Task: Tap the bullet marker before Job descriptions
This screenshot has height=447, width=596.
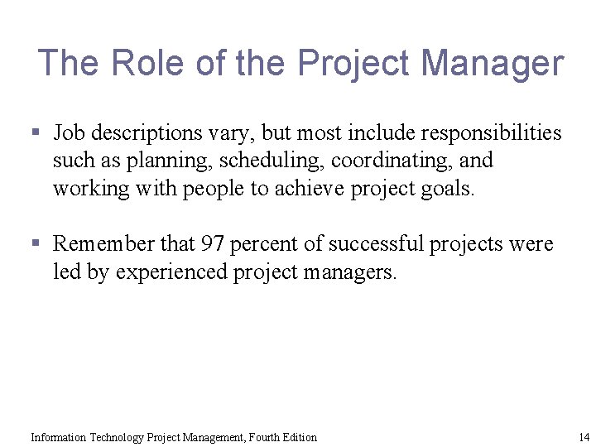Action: pos(35,132)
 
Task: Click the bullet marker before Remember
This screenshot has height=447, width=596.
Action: pos(35,244)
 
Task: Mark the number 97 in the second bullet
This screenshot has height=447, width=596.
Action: pos(212,244)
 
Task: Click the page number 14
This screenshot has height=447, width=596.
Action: pos(584,437)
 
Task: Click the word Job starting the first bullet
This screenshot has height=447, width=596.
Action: pos(69,133)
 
